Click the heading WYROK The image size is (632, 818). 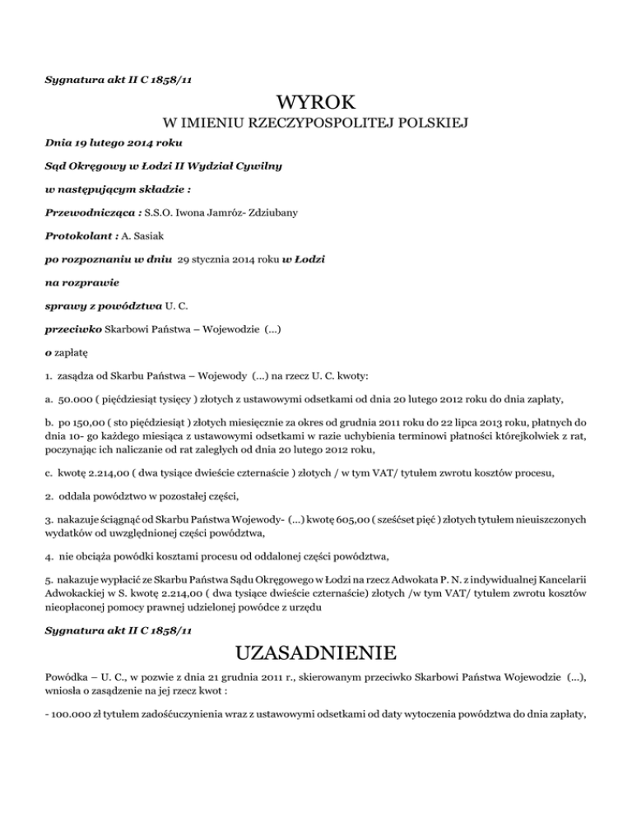click(316, 104)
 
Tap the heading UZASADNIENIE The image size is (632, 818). click(315, 654)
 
